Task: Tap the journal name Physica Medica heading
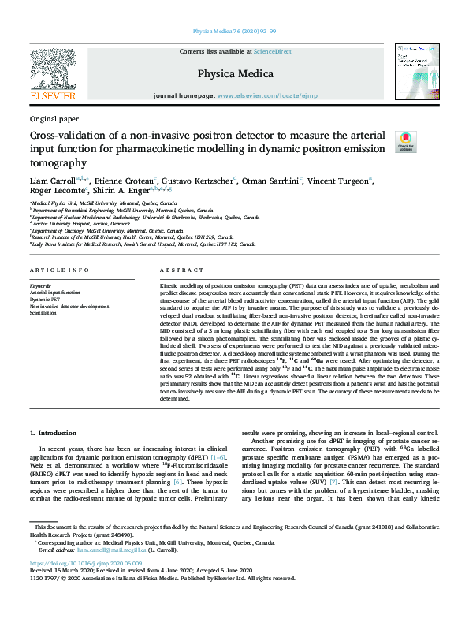click(x=235, y=74)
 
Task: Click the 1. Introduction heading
click(x=54, y=433)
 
